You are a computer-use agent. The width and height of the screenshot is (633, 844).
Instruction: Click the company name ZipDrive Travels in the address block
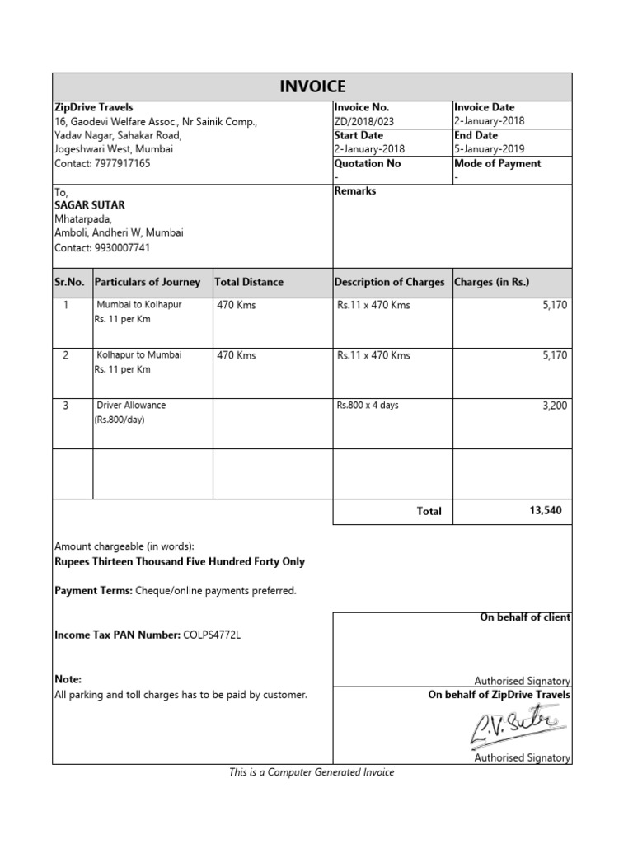pos(93,107)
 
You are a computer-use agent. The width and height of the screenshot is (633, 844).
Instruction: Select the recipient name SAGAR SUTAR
pos(90,205)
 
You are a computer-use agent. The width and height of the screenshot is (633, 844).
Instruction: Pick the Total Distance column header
pos(249,282)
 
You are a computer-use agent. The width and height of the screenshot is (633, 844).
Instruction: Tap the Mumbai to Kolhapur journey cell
pos(139,305)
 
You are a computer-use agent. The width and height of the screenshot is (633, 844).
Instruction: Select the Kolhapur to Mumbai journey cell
pos(139,355)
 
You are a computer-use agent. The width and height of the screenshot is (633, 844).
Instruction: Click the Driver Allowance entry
pos(131,406)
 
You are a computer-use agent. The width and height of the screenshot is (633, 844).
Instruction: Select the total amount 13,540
pos(545,511)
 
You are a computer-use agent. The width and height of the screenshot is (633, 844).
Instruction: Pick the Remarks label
pos(355,191)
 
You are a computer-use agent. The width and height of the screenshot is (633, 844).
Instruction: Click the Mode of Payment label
pos(497,163)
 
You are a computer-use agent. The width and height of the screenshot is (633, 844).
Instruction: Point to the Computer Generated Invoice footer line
pos(312,772)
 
